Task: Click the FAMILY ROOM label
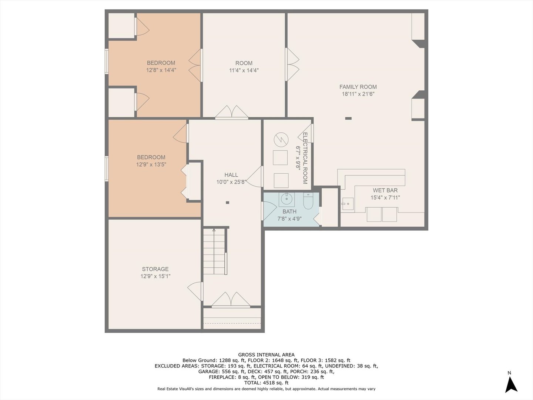click(x=358, y=87)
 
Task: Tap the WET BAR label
click(x=385, y=190)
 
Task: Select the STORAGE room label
click(x=155, y=269)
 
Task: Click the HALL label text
click(x=231, y=175)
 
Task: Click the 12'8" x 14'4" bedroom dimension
click(x=161, y=70)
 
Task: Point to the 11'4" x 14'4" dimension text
click(x=244, y=70)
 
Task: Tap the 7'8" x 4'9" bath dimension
click(x=289, y=219)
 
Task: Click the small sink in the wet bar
click(x=347, y=203)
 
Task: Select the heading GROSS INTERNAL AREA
click(x=266, y=354)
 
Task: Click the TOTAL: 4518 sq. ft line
click(x=266, y=383)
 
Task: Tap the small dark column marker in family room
click(x=348, y=119)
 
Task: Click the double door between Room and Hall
click(x=232, y=113)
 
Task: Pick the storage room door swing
click(x=195, y=289)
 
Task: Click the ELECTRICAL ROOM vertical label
click(x=305, y=158)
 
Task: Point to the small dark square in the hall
click(x=228, y=203)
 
